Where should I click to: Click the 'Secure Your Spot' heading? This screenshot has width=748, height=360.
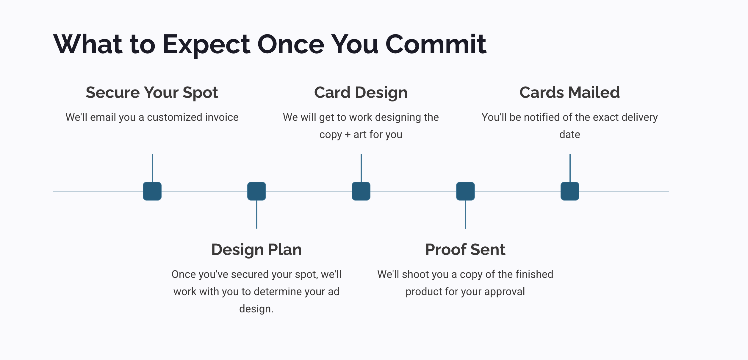(x=152, y=93)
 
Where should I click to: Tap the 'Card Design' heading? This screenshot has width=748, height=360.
(x=361, y=93)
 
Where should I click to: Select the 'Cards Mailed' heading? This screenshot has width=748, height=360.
(x=570, y=92)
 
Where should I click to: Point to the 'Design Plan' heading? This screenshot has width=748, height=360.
(x=256, y=250)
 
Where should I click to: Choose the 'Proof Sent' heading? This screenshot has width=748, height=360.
(x=465, y=249)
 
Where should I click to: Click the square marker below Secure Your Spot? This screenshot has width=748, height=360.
(x=152, y=191)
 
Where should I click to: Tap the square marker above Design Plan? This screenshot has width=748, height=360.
(x=256, y=191)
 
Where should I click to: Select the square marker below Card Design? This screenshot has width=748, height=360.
(x=361, y=191)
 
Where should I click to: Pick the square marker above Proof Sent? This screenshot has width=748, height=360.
(x=465, y=191)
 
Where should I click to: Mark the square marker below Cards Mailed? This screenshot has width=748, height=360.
(x=570, y=191)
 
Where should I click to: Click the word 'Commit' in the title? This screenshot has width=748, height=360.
(x=436, y=44)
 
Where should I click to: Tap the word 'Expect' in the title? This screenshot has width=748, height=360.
(x=206, y=45)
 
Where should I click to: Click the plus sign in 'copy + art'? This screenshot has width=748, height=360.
(x=348, y=135)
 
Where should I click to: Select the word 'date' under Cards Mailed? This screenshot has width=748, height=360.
(x=570, y=134)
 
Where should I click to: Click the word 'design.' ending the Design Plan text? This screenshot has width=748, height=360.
(x=256, y=309)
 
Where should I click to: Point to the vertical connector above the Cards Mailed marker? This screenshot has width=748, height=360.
(x=570, y=168)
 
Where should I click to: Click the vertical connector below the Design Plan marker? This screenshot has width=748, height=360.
(x=257, y=215)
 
